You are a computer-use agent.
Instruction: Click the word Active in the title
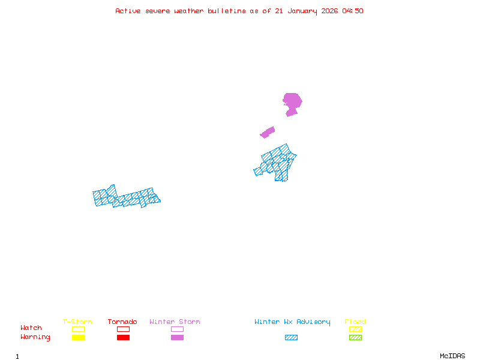coord(128,11)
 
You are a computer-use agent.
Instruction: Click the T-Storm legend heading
coord(77,322)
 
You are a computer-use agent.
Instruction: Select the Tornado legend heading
coord(122,322)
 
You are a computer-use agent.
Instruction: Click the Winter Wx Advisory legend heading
coord(292,322)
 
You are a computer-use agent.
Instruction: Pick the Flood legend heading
coord(355,322)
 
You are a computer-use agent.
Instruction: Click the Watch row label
coord(31,328)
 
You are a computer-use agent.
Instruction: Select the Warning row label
coord(35,337)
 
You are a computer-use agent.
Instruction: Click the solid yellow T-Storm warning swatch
coord(78,337)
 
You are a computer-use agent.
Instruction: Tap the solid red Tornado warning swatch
coord(123,337)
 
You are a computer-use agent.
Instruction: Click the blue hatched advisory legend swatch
coord(291,337)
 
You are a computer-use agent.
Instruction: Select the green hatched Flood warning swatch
coord(355,337)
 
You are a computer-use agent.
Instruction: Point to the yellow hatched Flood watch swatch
coord(355,329)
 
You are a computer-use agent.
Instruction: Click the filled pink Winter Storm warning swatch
coord(177,337)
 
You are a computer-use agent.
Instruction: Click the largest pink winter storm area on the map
coord(292,101)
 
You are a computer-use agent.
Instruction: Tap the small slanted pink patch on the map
coord(268,132)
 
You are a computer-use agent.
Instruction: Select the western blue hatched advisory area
coord(126,197)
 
